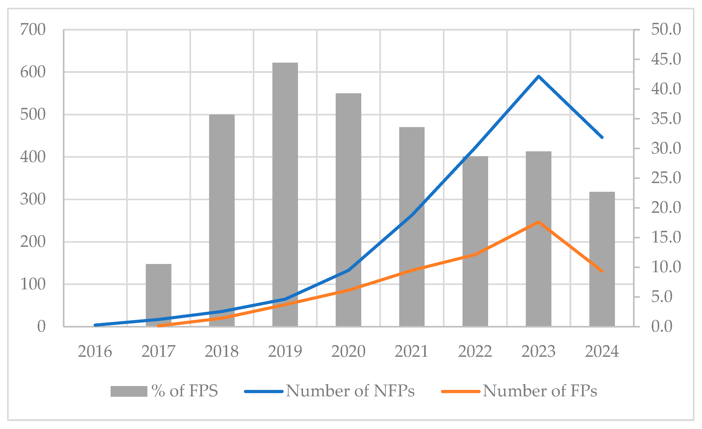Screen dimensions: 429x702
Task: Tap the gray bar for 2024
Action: point(602,259)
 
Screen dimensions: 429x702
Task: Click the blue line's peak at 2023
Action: point(538,76)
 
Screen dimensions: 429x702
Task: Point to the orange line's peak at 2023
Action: point(538,222)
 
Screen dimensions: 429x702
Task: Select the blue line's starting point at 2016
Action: point(95,325)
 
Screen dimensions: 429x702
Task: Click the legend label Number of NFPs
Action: point(350,391)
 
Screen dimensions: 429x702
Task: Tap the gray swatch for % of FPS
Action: point(129,391)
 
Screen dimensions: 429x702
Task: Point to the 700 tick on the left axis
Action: point(33,30)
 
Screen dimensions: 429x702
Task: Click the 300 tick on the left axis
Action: point(33,199)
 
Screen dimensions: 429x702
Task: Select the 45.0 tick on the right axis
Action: point(666,59)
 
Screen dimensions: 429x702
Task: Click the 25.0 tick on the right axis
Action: point(666,178)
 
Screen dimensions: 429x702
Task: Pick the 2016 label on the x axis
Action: point(95,352)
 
